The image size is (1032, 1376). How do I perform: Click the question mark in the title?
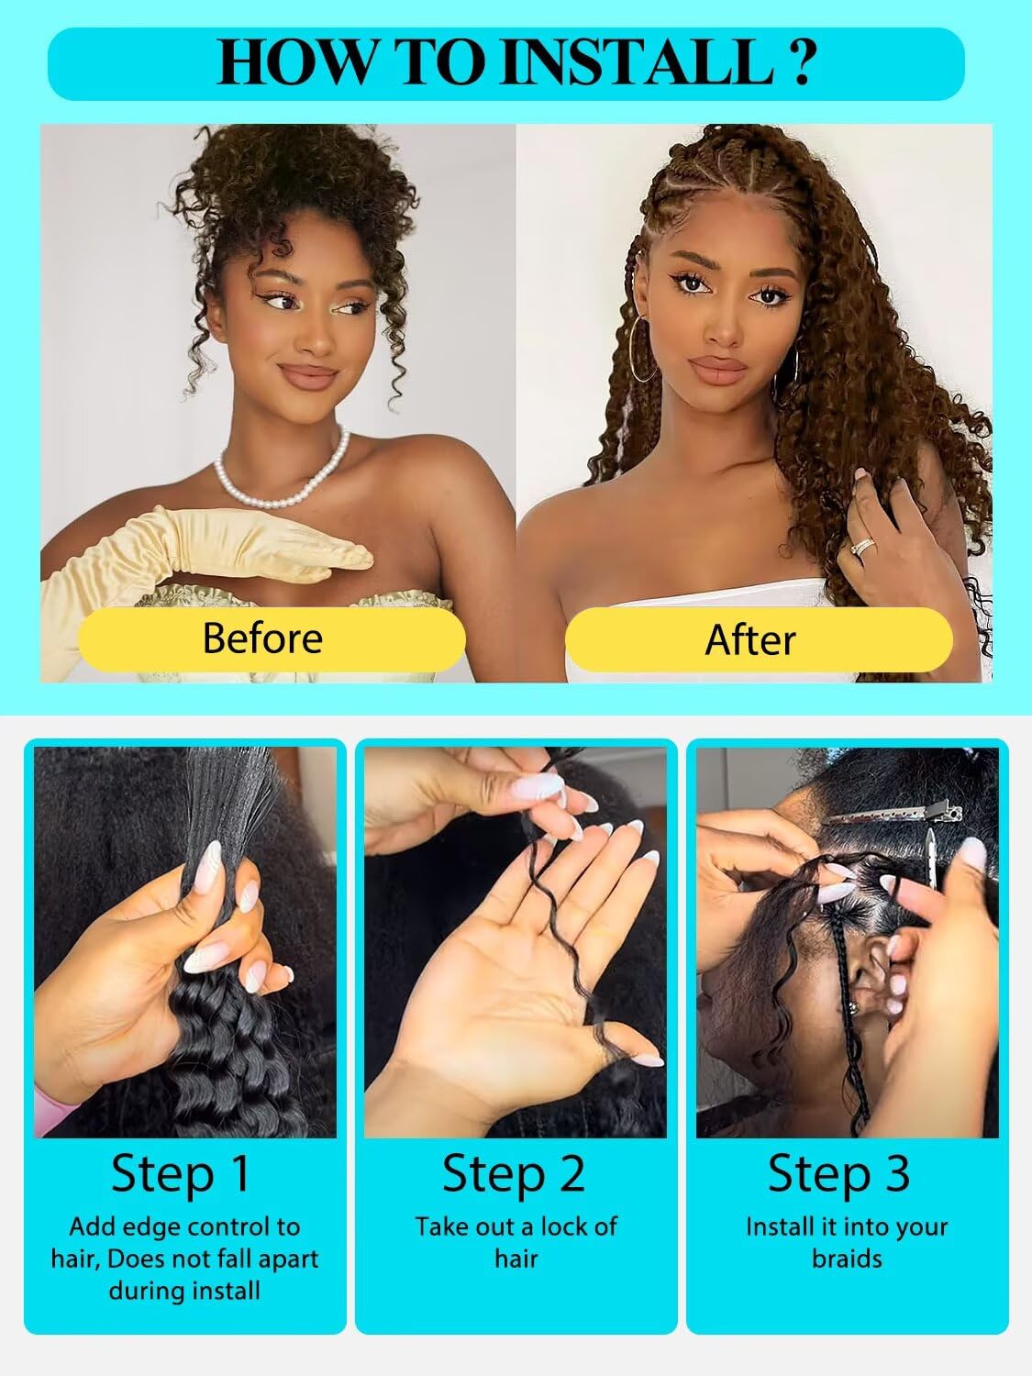[800, 62]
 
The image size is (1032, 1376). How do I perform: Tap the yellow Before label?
[263, 638]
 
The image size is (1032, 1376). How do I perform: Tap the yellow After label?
[750, 639]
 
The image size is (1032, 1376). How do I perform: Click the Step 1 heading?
[181, 1173]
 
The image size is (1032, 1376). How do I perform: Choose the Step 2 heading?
[514, 1173]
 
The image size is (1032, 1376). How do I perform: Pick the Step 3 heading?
[838, 1173]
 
